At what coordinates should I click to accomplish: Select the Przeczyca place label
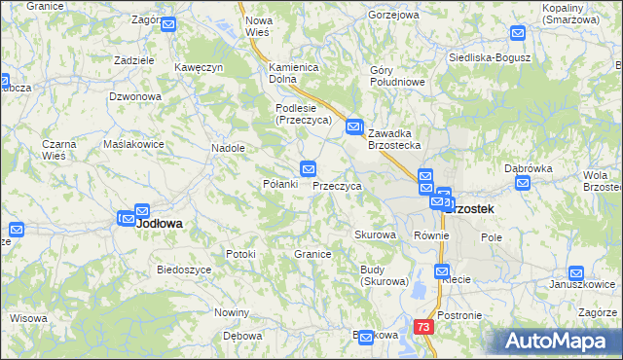pos(338,186)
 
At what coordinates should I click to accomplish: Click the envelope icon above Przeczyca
pos(309,167)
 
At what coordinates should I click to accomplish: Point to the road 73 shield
pos(422,328)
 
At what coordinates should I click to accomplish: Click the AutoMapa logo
pos(562,342)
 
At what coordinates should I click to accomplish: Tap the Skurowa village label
pos(375,235)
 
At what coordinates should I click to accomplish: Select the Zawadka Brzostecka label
pos(394,139)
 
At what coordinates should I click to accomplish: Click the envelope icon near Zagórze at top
pos(167,24)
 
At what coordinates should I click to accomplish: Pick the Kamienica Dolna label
pos(295,73)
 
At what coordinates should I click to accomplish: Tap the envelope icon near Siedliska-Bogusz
pos(517,33)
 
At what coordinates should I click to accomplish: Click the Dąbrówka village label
pos(529,168)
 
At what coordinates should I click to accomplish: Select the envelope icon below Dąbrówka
pos(523,183)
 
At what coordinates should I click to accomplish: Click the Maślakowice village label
pos(133,144)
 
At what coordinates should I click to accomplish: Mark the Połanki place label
pos(280,184)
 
